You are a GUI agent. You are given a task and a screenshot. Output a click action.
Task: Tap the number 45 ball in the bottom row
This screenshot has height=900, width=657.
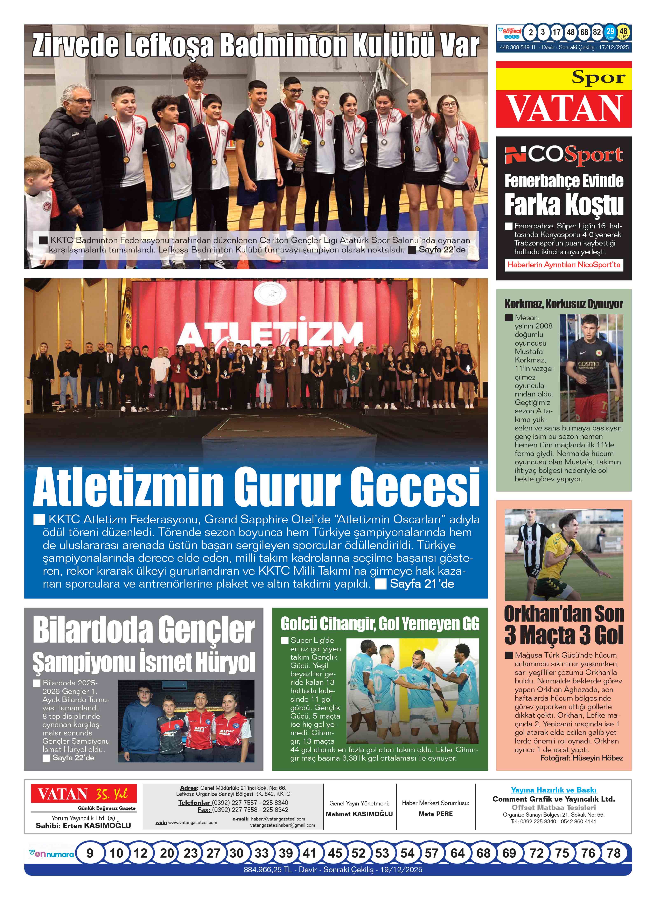pyautogui.click(x=335, y=853)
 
